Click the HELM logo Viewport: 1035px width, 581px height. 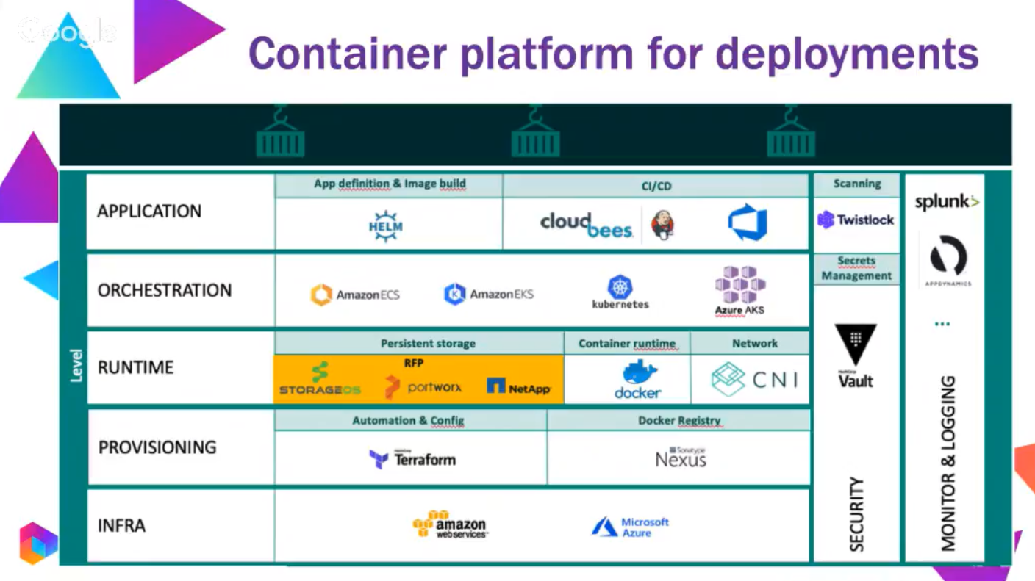pos(386,225)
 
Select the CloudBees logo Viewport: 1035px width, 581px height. pos(587,225)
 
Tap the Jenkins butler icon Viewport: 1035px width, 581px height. pos(662,224)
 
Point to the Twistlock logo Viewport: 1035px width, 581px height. pos(856,220)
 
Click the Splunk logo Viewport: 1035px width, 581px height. pos(946,201)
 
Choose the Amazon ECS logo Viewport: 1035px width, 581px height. pos(356,295)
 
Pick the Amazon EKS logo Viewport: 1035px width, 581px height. pos(489,295)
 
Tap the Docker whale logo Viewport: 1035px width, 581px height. pos(638,380)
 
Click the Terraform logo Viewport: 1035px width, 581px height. pos(412,459)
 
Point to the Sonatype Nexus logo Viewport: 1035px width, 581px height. pos(681,458)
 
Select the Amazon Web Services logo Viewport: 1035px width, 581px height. pos(450,524)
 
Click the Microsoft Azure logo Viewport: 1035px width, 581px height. pos(631,527)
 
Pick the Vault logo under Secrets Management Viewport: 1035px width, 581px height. pos(856,356)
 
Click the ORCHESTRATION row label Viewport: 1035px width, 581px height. pos(165,290)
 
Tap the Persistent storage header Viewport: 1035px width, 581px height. pos(428,343)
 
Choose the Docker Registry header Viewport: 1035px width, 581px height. pos(679,420)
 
